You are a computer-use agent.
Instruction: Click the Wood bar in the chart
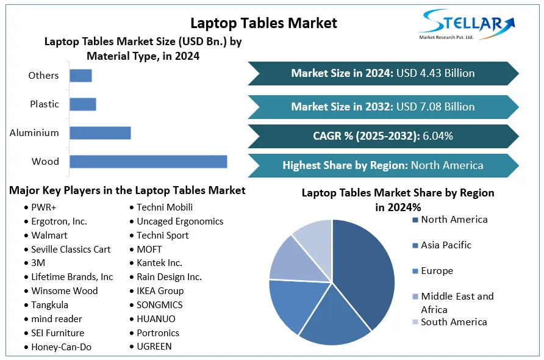pos(148,162)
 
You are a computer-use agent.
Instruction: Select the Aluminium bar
pos(100,133)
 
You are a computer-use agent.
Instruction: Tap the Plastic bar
pos(83,104)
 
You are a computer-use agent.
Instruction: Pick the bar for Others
pos(81,76)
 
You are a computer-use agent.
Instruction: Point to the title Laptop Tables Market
pos(263,23)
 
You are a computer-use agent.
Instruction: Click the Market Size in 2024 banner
pos(382,73)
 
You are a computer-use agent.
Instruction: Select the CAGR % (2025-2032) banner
pos(382,136)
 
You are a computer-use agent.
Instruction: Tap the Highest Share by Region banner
pos(382,165)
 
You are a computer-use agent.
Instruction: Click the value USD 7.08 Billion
pos(435,107)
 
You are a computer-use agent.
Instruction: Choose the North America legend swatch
pos(415,220)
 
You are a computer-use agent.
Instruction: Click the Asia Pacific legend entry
pos(446,245)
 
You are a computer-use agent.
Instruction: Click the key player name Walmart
pos(49,236)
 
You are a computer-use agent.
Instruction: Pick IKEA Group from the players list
pos(160,291)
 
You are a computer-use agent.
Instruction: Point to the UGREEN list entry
pos(154,347)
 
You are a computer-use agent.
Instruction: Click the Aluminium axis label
pos(34,133)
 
